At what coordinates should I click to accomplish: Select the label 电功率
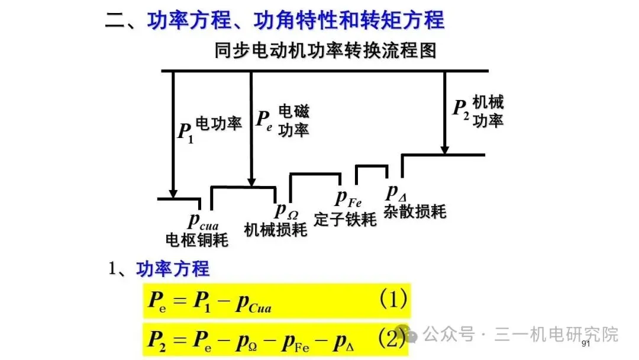(218, 124)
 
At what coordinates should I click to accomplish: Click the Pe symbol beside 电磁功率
(264, 120)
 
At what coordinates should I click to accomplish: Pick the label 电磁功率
(293, 120)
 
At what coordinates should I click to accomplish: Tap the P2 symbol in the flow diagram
(461, 109)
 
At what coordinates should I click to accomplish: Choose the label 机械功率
(488, 111)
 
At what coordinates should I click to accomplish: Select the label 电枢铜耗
(196, 240)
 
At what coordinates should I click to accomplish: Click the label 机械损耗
(276, 229)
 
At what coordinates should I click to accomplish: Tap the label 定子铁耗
(345, 219)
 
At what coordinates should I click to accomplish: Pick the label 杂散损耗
(414, 211)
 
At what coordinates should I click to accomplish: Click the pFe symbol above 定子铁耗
(348, 198)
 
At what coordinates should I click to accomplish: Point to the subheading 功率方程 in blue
(173, 269)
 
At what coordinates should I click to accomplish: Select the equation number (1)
(393, 300)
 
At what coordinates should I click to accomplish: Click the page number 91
(586, 344)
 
